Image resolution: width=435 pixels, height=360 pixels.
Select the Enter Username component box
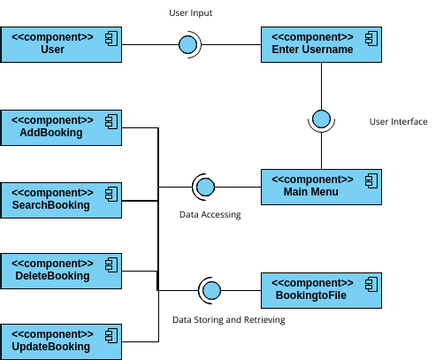pyautogui.click(x=320, y=45)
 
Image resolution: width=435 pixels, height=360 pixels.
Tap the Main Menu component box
pyautogui.click(x=320, y=186)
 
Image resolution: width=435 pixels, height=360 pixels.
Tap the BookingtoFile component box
pyautogui.click(x=320, y=291)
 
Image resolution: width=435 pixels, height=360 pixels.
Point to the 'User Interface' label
pyautogui.click(x=398, y=122)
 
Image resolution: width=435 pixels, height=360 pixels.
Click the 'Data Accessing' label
pyautogui.click(x=210, y=214)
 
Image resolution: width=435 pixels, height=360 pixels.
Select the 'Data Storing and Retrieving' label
pyautogui.click(x=228, y=320)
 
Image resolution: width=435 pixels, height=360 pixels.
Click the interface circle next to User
pyautogui.click(x=186, y=45)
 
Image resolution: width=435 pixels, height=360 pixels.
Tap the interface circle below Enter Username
pyautogui.click(x=321, y=120)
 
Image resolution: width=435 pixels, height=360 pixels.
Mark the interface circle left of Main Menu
pyautogui.click(x=205, y=186)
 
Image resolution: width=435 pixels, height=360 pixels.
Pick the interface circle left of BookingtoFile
pyautogui.click(x=211, y=291)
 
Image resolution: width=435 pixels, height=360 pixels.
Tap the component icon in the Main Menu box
pyautogui.click(x=370, y=179)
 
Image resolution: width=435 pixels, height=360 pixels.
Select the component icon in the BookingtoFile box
pyautogui.click(x=370, y=283)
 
